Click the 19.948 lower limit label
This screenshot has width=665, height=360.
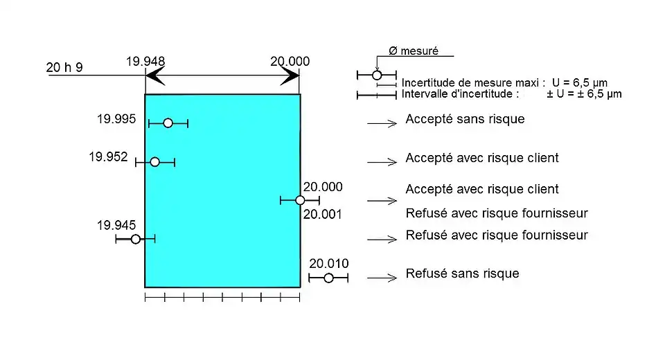click(x=145, y=61)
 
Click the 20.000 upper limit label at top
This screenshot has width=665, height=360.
click(x=290, y=61)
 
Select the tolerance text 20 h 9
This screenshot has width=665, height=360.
click(x=64, y=68)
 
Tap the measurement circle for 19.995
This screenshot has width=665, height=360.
click(x=168, y=123)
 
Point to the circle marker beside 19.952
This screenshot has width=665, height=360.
click(x=154, y=162)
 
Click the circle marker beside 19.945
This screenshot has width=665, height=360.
click(x=136, y=239)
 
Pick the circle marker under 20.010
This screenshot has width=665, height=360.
click(x=328, y=278)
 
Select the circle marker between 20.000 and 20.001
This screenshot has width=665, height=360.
click(x=300, y=200)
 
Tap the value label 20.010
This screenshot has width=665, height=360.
click(x=329, y=263)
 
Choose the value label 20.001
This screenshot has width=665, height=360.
click(x=323, y=215)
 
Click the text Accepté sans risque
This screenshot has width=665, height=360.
click(x=465, y=119)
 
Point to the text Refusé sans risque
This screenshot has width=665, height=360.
click(x=462, y=273)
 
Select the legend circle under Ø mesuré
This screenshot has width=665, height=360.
click(x=377, y=74)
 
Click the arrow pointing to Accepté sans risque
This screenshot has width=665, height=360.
click(x=382, y=123)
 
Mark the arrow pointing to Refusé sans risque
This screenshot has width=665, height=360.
click(x=382, y=278)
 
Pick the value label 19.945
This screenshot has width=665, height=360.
click(x=116, y=225)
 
